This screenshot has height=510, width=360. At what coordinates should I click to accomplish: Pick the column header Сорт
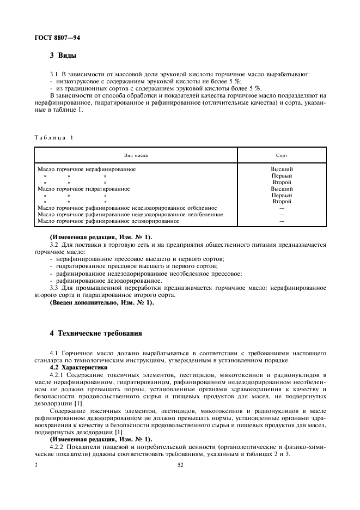(282, 156)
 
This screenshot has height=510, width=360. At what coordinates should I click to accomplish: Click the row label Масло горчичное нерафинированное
(86, 169)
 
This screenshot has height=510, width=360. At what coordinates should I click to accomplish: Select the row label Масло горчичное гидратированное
(83, 189)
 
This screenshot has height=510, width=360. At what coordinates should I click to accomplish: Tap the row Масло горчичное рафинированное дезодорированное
(108, 221)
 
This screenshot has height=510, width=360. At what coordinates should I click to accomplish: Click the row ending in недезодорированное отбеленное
(126, 208)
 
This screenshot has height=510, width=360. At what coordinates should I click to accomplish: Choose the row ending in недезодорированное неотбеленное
(130, 215)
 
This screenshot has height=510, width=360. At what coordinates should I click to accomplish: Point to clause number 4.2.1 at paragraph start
(57, 375)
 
